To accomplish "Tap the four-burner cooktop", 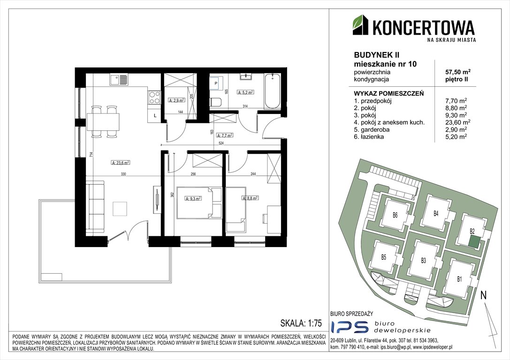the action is tap(154, 97).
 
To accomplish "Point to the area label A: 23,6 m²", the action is tap(121, 163).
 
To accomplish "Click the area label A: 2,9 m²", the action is tap(176, 100).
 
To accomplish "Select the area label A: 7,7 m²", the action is tap(224, 135).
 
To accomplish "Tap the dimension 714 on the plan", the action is tap(91, 156).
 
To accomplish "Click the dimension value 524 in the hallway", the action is tap(221, 142).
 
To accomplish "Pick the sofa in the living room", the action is tap(95, 207).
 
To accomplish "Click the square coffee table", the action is tap(120, 209).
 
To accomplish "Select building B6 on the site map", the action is tap(395, 215).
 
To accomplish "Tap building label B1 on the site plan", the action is tap(459, 279).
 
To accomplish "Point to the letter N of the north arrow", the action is tap(484, 295).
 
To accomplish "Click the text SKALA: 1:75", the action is tap(301, 323).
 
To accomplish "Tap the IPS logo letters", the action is tap(350, 327).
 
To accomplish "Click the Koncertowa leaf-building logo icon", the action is tap(361, 25).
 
